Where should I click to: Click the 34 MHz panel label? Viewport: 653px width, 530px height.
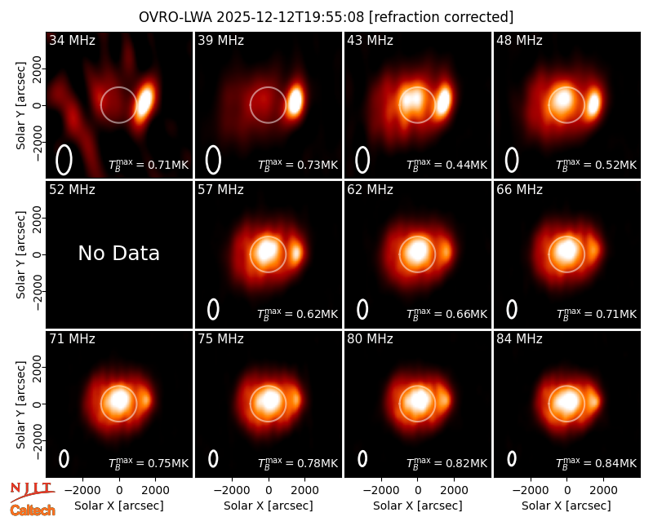(x=72, y=40)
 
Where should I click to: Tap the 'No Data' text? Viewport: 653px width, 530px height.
(x=118, y=253)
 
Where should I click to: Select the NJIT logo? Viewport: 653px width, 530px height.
(x=32, y=492)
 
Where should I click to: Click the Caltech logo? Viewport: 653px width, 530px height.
(x=33, y=510)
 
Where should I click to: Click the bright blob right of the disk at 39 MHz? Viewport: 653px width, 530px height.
(x=295, y=99)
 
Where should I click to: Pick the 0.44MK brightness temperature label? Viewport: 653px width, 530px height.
(x=446, y=165)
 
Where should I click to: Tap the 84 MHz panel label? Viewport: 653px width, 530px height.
(x=519, y=339)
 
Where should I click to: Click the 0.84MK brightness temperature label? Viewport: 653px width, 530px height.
(x=597, y=462)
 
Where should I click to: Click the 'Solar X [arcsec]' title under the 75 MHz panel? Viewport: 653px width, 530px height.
(x=269, y=506)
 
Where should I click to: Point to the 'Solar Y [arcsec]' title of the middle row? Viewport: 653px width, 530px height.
(x=20, y=254)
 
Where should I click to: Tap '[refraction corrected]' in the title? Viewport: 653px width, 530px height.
(x=442, y=17)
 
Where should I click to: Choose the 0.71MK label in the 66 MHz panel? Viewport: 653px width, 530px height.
(x=597, y=314)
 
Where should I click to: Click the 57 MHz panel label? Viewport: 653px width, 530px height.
(x=220, y=190)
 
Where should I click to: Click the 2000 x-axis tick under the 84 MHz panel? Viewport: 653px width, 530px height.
(x=603, y=490)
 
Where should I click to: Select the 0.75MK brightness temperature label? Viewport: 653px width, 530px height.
(x=149, y=462)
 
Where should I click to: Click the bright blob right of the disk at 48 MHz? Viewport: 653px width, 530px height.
(x=593, y=103)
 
